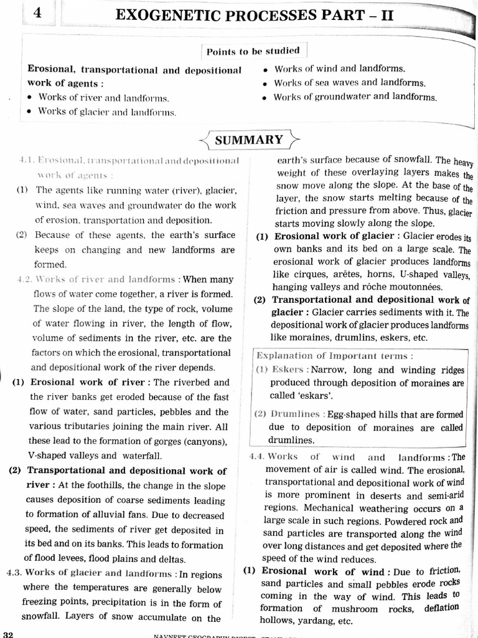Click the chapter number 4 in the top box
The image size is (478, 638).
coord(39,12)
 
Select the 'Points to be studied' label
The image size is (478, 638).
coord(253,51)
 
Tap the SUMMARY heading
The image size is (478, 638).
coord(248,140)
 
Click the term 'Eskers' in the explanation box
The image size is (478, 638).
coord(287,369)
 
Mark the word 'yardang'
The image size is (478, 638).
coord(312,622)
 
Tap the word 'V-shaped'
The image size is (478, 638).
coord(47,455)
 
